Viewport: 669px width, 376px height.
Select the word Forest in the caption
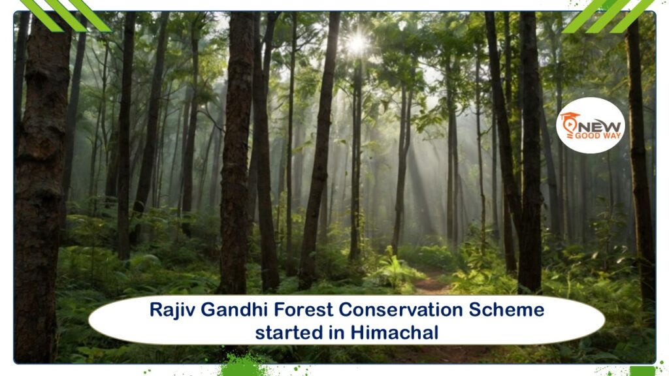303,309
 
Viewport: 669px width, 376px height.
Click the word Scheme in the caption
506,309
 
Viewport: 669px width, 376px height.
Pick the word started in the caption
289,332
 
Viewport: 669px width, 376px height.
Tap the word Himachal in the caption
395,332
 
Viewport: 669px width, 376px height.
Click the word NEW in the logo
600,127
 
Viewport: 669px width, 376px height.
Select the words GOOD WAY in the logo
598,136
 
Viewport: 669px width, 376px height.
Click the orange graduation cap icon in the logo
570,122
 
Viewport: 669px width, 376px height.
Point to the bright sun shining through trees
357,42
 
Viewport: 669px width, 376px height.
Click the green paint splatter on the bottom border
242,366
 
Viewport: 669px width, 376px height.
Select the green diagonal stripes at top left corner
66,16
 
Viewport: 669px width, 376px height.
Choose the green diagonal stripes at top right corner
608,16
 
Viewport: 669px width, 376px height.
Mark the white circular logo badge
591,125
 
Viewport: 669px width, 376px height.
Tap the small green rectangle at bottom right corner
643,371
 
